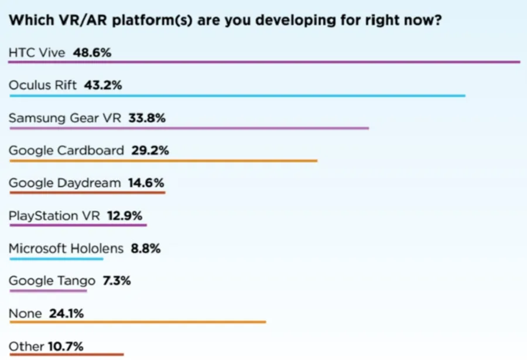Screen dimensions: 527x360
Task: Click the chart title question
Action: pos(225,20)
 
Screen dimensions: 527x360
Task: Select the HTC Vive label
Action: pos(37,53)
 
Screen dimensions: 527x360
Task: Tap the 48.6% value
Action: pos(92,53)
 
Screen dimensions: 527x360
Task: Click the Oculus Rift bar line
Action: pos(238,96)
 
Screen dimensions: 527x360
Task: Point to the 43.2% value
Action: pos(103,85)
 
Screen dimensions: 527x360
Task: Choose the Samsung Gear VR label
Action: pos(65,118)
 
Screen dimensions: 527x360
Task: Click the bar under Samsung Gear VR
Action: pos(189,128)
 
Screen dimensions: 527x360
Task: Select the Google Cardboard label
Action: pos(66,150)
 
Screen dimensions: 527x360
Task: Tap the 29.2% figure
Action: pos(150,150)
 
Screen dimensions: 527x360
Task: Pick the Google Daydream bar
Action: pos(87,193)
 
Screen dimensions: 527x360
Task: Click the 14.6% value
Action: pos(146,183)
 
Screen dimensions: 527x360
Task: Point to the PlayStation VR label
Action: pos(54,215)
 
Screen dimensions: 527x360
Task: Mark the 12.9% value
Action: pos(125,215)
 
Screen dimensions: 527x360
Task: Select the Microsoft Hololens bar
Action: pos(56,259)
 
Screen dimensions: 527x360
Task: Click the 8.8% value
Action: pos(146,248)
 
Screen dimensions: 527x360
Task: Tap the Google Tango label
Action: pos(52,280)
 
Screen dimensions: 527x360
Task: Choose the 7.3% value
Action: pos(117,280)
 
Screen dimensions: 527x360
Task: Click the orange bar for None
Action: pos(138,322)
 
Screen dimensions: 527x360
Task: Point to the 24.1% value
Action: pos(66,313)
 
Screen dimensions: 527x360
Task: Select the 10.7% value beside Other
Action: pos(66,346)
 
